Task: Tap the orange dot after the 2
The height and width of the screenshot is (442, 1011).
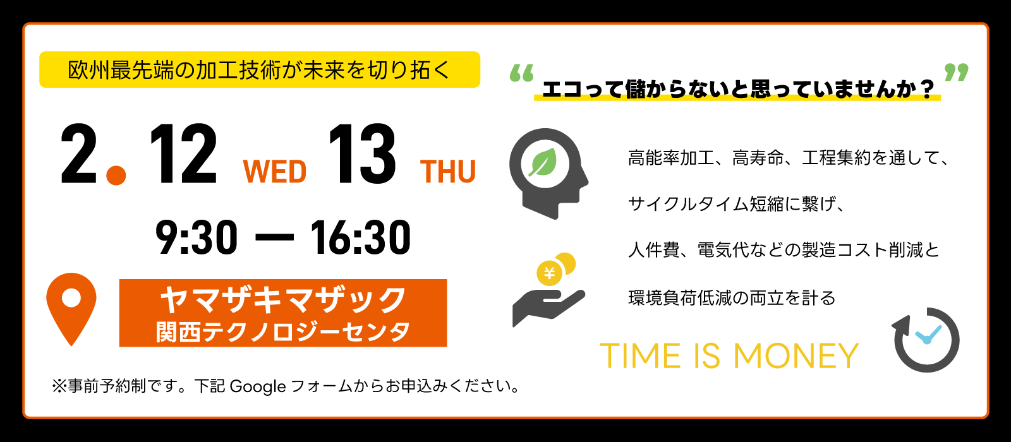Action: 116,175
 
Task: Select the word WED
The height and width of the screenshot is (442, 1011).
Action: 274,171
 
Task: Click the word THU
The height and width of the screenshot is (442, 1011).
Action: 448,171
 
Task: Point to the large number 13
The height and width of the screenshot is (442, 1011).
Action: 362,154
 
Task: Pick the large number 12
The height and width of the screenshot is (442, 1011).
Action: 183,154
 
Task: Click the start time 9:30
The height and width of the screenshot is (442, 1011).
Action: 197,237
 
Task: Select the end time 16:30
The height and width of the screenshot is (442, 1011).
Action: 360,237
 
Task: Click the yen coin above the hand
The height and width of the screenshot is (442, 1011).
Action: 549,273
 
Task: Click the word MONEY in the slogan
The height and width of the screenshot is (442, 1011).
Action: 796,356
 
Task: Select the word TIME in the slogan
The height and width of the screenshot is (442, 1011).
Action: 640,356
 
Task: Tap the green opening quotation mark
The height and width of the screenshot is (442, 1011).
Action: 522,73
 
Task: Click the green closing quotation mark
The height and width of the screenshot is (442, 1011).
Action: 957,73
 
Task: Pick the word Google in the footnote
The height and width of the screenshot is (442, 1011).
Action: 258,387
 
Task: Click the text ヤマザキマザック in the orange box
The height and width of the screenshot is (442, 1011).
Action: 283,299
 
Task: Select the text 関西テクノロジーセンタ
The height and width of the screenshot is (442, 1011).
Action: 283,331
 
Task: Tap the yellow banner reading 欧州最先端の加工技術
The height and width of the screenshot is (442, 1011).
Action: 260,69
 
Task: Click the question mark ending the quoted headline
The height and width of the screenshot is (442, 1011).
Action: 928,89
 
